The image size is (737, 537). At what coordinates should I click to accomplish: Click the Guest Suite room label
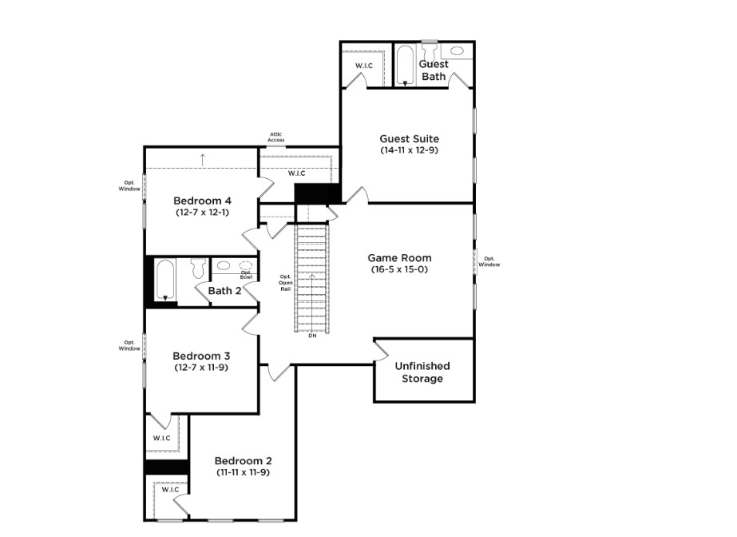(x=409, y=139)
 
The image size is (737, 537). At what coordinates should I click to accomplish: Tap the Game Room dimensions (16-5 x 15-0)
(x=399, y=269)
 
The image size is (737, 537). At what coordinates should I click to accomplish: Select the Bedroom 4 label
(x=202, y=201)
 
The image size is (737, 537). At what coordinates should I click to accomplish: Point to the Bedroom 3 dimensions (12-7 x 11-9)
(x=201, y=368)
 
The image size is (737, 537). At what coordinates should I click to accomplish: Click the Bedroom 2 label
(x=243, y=461)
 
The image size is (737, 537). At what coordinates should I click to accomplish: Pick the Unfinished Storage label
(x=422, y=372)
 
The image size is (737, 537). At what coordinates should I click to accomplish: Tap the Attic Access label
(x=276, y=137)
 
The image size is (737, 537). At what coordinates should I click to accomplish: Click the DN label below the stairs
(x=312, y=336)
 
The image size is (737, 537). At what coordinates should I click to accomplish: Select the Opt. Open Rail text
(x=285, y=283)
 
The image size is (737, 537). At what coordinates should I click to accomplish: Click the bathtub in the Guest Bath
(x=405, y=66)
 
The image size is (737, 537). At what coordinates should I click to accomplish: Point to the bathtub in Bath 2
(x=165, y=280)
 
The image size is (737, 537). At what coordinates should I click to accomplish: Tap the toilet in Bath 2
(x=199, y=267)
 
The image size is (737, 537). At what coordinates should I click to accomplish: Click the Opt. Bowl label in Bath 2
(x=246, y=275)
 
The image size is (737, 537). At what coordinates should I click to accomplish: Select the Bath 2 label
(x=224, y=291)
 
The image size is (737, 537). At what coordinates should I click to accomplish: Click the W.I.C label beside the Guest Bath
(x=364, y=66)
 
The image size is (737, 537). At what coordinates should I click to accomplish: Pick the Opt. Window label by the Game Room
(x=489, y=261)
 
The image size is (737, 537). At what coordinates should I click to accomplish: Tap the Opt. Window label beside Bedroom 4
(x=129, y=185)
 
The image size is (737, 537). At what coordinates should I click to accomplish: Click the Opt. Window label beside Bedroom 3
(x=129, y=346)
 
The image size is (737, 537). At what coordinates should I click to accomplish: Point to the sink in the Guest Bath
(x=458, y=51)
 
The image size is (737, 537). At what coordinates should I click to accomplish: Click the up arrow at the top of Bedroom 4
(x=203, y=160)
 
